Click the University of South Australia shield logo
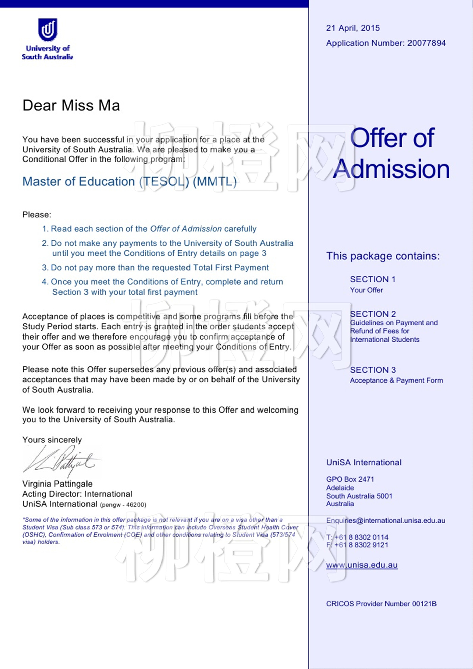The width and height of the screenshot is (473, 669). point(47,30)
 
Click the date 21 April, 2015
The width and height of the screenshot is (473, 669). point(353,28)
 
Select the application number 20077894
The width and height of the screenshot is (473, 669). point(426,43)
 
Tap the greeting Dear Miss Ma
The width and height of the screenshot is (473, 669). point(71,105)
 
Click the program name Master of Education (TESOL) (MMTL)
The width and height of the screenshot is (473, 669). point(129,182)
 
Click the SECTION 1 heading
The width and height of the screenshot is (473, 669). point(372,279)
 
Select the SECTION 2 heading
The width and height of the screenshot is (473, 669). point(373,314)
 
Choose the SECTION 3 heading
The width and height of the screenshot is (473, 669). point(373,370)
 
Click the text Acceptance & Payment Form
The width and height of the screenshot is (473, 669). point(396,380)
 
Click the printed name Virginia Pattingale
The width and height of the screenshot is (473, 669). point(57,484)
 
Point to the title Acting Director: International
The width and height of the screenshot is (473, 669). point(77,494)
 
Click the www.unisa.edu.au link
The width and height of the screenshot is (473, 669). point(362,565)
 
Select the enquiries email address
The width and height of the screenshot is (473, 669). point(385,521)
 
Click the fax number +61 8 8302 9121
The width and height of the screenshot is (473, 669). point(361,545)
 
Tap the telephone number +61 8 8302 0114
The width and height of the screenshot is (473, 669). point(361,537)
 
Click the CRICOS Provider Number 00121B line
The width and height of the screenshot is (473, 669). point(381,604)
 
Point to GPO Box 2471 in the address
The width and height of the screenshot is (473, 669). point(350,479)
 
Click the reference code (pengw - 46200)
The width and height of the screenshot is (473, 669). point(123,505)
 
